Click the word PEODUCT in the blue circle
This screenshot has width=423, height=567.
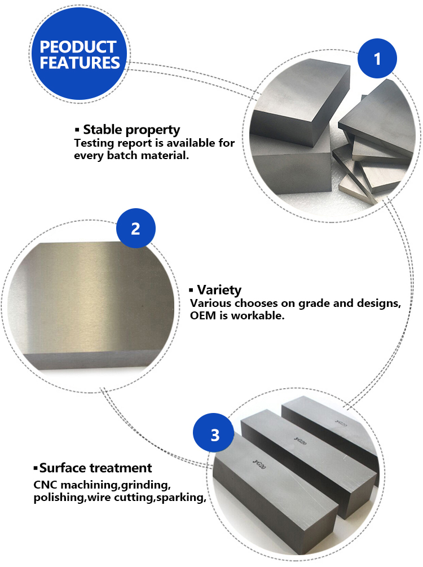(78, 47)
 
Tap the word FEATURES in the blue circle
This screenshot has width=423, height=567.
(80, 63)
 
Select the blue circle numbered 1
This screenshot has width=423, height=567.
(377, 58)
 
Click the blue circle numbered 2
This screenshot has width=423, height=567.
(135, 228)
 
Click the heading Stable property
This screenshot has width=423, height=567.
(131, 129)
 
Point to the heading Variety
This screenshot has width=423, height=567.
(219, 289)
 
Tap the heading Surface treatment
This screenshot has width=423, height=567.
(95, 468)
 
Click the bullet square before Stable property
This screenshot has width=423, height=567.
(77, 129)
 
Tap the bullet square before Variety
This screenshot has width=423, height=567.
(191, 289)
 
